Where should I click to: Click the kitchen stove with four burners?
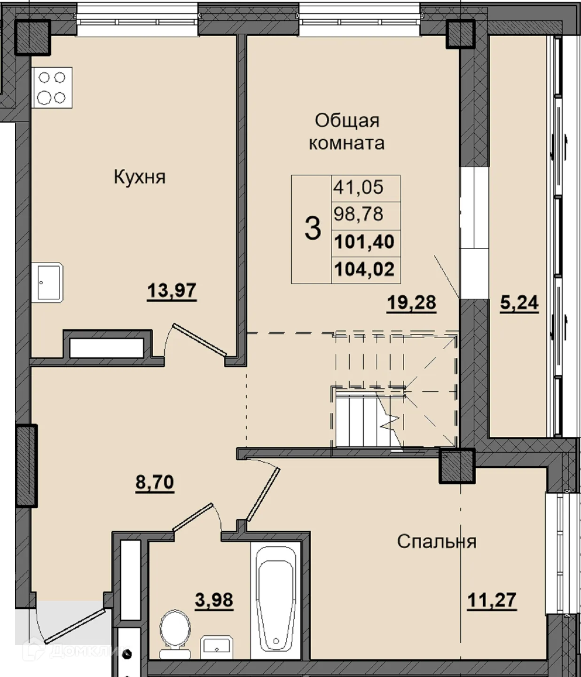pyautogui.click(x=52, y=87)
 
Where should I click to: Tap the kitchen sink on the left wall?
pyautogui.click(x=47, y=283)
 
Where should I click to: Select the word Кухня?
pyautogui.click(x=140, y=177)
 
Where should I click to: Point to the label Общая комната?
pyautogui.click(x=347, y=132)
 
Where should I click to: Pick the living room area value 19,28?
pyautogui.click(x=411, y=302)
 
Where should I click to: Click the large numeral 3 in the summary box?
pyautogui.click(x=313, y=229)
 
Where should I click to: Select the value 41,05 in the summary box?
pyautogui.click(x=358, y=187)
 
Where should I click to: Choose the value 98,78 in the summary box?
pyautogui.click(x=358, y=214)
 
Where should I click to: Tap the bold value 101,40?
pyautogui.click(x=364, y=242)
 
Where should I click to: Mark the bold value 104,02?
pyautogui.click(x=364, y=269)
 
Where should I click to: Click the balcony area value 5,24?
pyautogui.click(x=519, y=303)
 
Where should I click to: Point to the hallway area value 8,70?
pyautogui.click(x=155, y=482)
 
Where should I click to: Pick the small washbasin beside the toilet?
pyautogui.click(x=217, y=647)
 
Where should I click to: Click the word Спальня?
pyautogui.click(x=437, y=542)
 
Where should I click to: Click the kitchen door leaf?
pyautogui.click(x=199, y=339)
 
